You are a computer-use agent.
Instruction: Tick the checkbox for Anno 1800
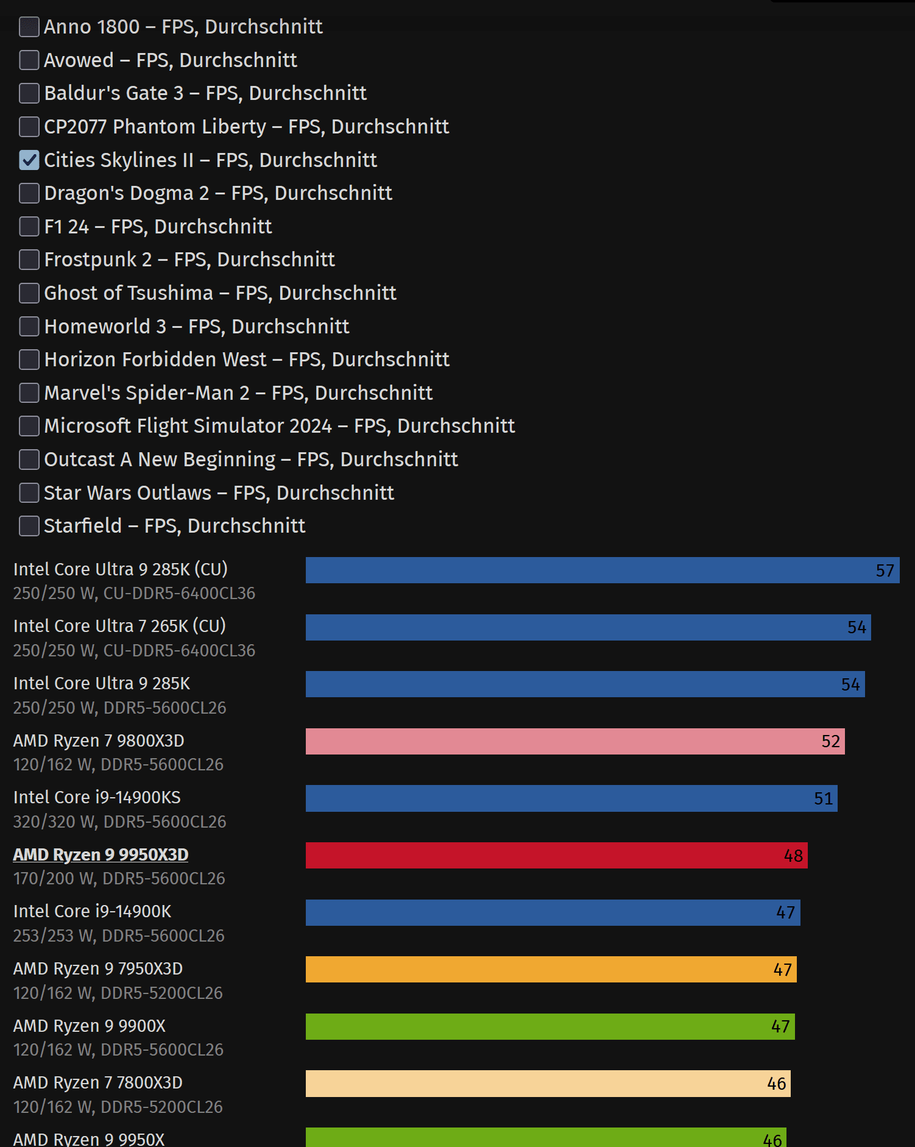(29, 27)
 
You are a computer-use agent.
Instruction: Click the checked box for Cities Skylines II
(29, 160)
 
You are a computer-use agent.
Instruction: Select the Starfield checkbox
(29, 526)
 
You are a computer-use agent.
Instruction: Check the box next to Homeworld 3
(29, 327)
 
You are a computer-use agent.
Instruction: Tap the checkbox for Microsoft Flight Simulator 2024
(29, 426)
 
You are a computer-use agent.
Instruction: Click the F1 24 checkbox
(29, 227)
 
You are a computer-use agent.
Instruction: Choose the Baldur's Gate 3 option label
(205, 93)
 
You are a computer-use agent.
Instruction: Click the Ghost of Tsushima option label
(220, 293)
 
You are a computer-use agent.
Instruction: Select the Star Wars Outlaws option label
(219, 493)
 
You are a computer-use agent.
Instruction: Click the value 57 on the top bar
(885, 570)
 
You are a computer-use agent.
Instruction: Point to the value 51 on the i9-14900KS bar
(823, 798)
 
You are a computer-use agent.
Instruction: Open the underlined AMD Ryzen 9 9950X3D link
(101, 854)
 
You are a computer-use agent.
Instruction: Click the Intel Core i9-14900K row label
(92, 911)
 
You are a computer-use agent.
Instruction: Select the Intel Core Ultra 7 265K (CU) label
(119, 626)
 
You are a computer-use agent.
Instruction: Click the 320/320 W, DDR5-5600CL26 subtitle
(119, 822)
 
